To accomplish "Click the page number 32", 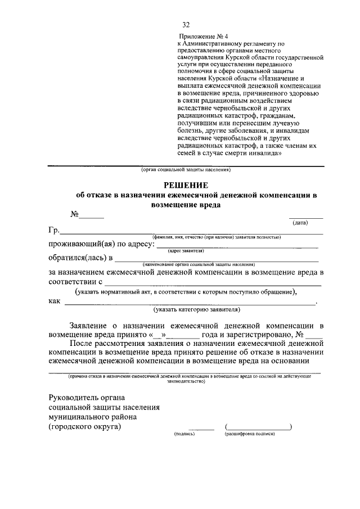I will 186,25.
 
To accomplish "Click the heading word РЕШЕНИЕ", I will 186,185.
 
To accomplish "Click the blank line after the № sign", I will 92,217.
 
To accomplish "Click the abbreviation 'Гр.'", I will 54,231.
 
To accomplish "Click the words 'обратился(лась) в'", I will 80,258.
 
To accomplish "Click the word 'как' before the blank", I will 54,301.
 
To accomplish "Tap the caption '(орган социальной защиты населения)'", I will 186,170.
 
